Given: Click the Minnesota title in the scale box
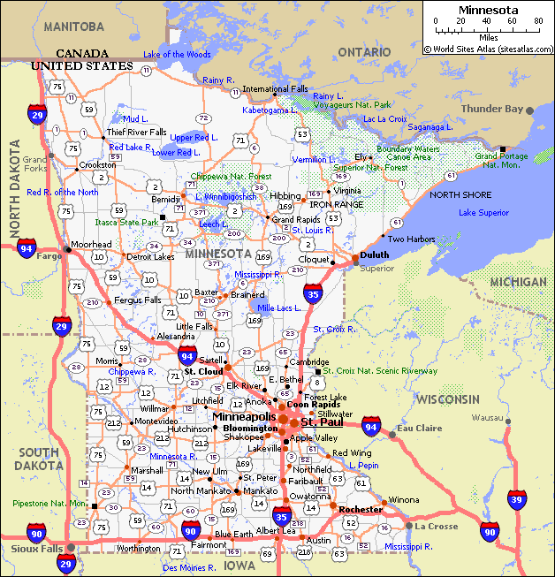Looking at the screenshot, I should click(488, 10).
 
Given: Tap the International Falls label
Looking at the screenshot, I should click(276, 89).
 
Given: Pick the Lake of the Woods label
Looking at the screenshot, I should click(177, 55).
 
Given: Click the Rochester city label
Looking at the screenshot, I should click(361, 510).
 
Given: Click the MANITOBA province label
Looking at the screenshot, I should click(73, 27).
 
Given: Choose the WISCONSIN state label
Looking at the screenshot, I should click(449, 399).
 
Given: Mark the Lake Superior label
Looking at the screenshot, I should click(483, 213).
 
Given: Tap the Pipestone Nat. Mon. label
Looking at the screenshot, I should click(49, 504).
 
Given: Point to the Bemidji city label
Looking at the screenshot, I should click(166, 200).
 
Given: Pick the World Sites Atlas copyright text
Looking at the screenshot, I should click(488, 50).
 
